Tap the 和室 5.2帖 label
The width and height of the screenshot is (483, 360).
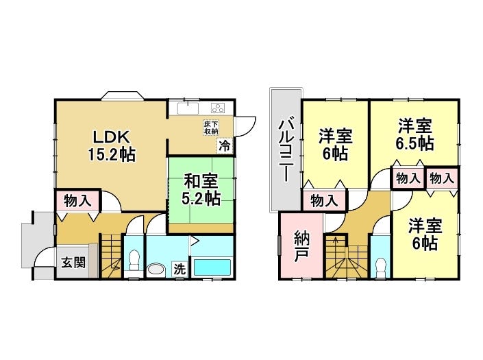pyautogui.click(x=201, y=190)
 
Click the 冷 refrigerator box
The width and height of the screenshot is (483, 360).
pyautogui.click(x=225, y=145)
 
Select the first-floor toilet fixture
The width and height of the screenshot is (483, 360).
pyautogui.click(x=134, y=261)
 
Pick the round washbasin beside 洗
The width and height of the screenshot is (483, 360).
pyautogui.click(x=156, y=269)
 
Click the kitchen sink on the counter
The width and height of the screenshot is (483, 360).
pyautogui.click(x=186, y=108)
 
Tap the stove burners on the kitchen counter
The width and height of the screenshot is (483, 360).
pyautogui.click(x=219, y=108)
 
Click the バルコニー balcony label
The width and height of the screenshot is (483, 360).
pyautogui.click(x=285, y=147)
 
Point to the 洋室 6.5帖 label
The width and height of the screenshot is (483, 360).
pyautogui.click(x=415, y=134)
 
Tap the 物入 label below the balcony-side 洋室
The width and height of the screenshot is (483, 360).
pyautogui.click(x=323, y=201)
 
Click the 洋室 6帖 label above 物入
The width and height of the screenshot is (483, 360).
pyautogui.click(x=335, y=144)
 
